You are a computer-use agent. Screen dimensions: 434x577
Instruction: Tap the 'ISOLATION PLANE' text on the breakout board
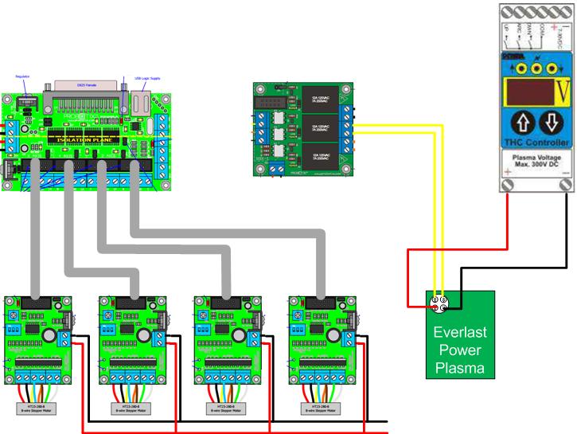coord(87,139)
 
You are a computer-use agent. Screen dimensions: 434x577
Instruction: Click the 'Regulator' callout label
coord(22,76)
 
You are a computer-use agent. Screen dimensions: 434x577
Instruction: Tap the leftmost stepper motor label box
coord(37,407)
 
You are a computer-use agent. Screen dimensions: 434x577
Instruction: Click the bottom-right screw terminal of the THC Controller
coord(564,186)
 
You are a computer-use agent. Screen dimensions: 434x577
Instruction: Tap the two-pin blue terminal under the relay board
coord(276,168)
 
